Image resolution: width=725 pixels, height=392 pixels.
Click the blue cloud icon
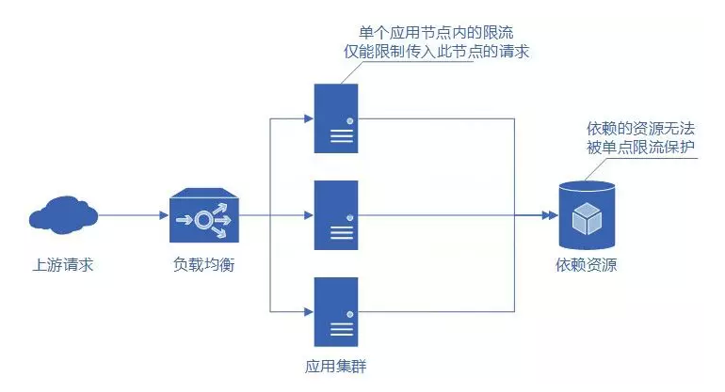point(62,215)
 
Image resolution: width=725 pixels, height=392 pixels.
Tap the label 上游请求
point(62,265)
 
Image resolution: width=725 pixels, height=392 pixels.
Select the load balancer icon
point(202,216)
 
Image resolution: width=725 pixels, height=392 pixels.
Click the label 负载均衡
point(202,265)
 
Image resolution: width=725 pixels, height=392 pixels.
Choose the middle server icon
point(336,215)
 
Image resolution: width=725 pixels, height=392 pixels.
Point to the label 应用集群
point(336,364)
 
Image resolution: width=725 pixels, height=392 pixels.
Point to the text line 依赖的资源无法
point(636,128)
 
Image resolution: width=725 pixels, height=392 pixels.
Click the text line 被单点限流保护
point(636,147)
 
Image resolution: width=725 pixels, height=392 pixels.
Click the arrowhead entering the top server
point(307,119)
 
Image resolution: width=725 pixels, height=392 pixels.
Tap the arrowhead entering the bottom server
point(307,311)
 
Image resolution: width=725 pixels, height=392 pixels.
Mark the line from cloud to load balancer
point(132,215)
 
